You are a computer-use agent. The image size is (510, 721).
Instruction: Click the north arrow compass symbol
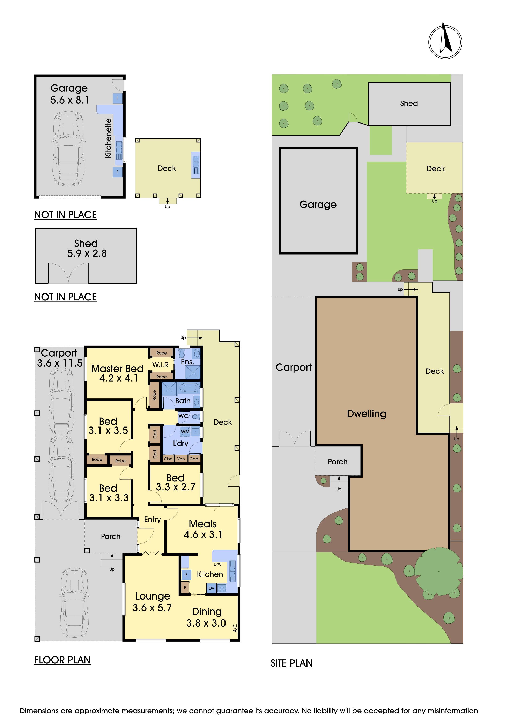tap(445, 42)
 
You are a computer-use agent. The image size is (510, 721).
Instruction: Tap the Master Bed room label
tap(117, 368)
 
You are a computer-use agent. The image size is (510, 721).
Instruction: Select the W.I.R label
tap(161, 365)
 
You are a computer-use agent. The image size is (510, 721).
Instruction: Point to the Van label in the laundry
tap(181, 459)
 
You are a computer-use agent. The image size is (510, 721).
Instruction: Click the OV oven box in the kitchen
tap(211, 588)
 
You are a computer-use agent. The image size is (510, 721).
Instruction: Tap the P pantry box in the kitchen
tap(185, 587)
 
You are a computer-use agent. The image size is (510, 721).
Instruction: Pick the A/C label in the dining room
tap(235, 628)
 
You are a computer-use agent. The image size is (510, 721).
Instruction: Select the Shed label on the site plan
tap(409, 103)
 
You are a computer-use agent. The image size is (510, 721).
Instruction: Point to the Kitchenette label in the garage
tap(108, 138)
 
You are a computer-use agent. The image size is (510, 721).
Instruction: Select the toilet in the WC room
tap(196, 417)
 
